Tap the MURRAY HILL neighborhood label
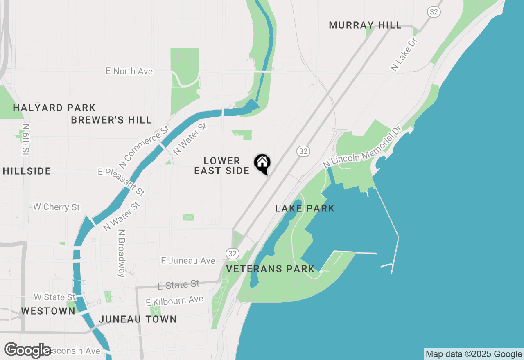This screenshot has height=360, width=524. tap(365, 25)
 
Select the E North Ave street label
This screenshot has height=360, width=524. tap(129, 71)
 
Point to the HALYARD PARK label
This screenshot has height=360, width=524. tap(54, 108)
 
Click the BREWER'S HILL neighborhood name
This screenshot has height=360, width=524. tap(111, 120)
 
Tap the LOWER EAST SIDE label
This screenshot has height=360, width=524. tap(221, 166)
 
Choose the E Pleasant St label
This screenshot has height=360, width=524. tap(121, 182)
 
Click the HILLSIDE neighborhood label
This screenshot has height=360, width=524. tap(27, 171)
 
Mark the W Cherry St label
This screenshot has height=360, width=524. tap(56, 207)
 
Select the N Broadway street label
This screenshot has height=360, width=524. tap(121, 253)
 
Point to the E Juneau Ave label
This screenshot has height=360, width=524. tap(188, 261)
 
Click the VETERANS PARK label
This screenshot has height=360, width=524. tap(270, 269)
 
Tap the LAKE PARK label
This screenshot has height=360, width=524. tap(305, 208)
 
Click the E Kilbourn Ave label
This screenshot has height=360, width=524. tap(175, 301)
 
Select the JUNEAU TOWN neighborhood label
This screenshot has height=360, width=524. tap(138, 319)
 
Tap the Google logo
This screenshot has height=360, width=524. tap(28, 351)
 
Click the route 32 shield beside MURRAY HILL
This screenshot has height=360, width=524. tap(434, 12)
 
